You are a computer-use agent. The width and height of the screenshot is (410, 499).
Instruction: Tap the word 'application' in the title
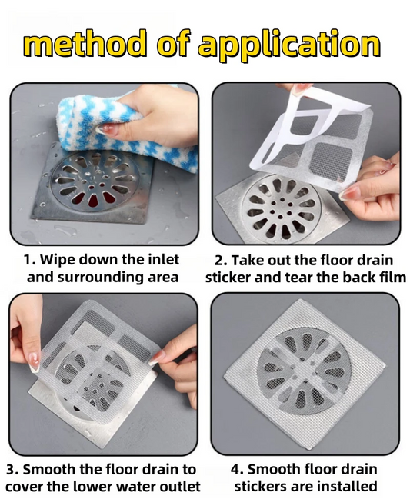289,46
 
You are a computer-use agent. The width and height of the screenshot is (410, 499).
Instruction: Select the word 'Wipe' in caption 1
57,261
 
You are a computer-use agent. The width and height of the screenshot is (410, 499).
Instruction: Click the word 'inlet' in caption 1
164,260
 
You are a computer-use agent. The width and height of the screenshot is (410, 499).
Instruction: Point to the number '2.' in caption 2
220,261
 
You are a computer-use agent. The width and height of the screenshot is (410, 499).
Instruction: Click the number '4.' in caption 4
237,470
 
